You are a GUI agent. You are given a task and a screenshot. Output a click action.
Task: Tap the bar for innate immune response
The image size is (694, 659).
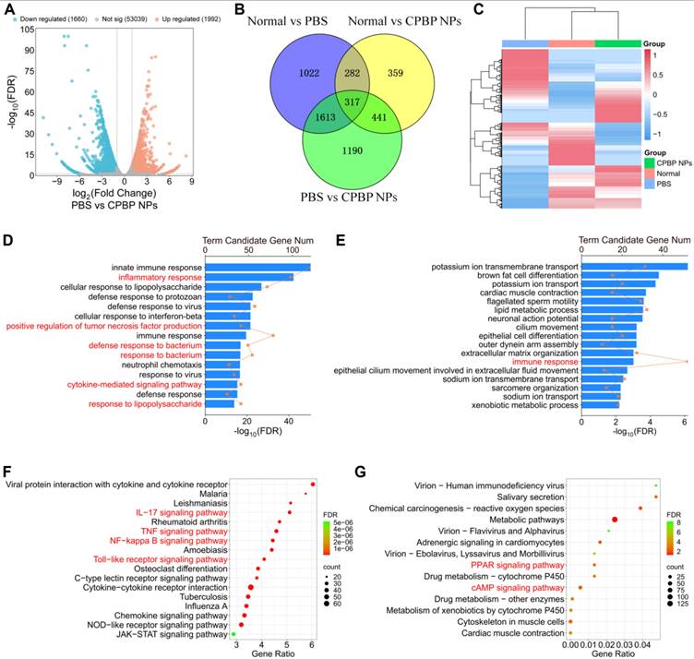[257, 268]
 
